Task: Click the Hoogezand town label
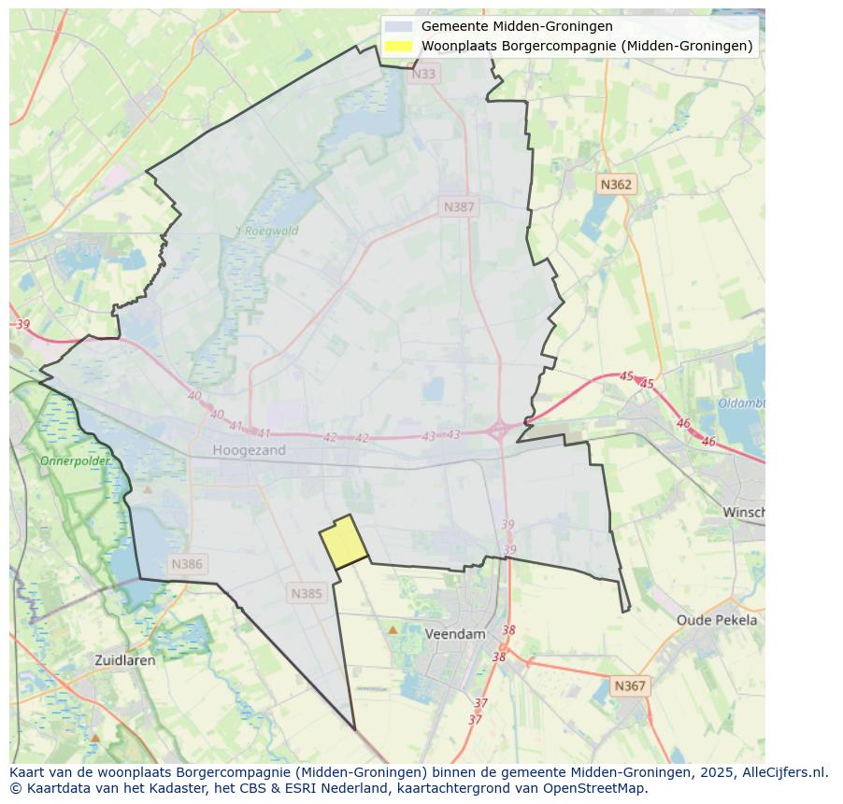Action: [249, 450]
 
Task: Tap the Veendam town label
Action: [455, 633]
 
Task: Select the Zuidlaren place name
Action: [125, 659]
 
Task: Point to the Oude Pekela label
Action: [717, 620]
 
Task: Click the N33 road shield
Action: [423, 74]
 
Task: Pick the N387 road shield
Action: [459, 206]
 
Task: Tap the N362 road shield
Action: [616, 184]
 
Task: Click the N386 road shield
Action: [187, 564]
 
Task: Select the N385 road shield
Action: [307, 593]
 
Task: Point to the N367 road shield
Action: [629, 685]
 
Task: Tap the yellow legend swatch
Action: [398, 46]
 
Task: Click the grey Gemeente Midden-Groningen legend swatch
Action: [398, 26]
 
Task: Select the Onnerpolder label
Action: [75, 460]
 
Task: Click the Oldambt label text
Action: [742, 403]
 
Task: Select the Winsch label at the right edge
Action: [744, 513]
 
